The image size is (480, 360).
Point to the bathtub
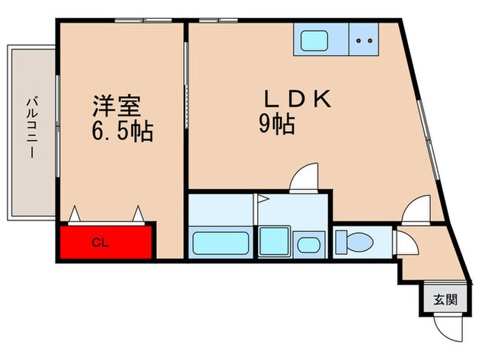221,244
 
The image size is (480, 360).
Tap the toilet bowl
361,242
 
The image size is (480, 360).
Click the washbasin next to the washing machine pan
309,245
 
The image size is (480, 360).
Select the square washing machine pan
275,243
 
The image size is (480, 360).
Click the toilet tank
341,242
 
